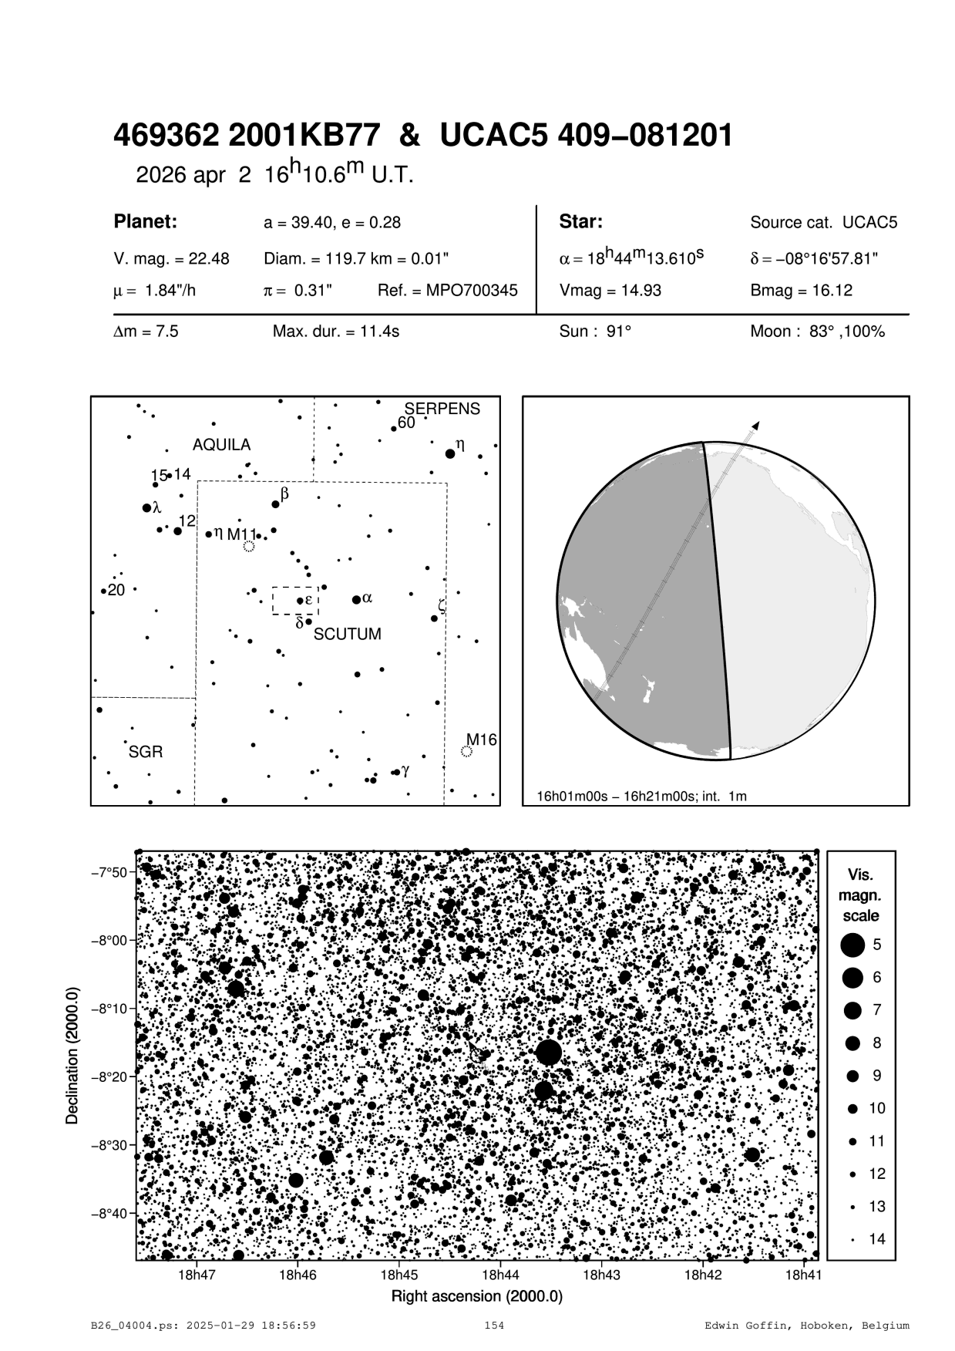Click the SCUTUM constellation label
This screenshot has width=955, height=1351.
347,635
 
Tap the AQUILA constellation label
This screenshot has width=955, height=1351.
221,445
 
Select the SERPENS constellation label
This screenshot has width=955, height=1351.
442,409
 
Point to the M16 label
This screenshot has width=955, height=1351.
481,740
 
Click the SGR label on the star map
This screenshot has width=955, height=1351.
146,752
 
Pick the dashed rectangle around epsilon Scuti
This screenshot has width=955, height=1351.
295,601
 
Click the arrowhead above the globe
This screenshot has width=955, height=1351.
756,425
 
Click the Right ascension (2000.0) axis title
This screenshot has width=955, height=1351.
477,1296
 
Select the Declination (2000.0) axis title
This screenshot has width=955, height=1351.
72,1054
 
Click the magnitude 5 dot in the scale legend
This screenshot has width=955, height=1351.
852,944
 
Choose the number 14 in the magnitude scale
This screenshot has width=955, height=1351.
877,1239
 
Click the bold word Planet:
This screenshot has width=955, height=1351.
146,222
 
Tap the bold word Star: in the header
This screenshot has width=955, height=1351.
580,222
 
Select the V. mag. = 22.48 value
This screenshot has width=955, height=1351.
171,259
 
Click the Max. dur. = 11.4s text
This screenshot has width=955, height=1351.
336,332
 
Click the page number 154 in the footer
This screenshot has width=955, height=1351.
494,1326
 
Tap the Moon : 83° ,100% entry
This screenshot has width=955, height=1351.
817,332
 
